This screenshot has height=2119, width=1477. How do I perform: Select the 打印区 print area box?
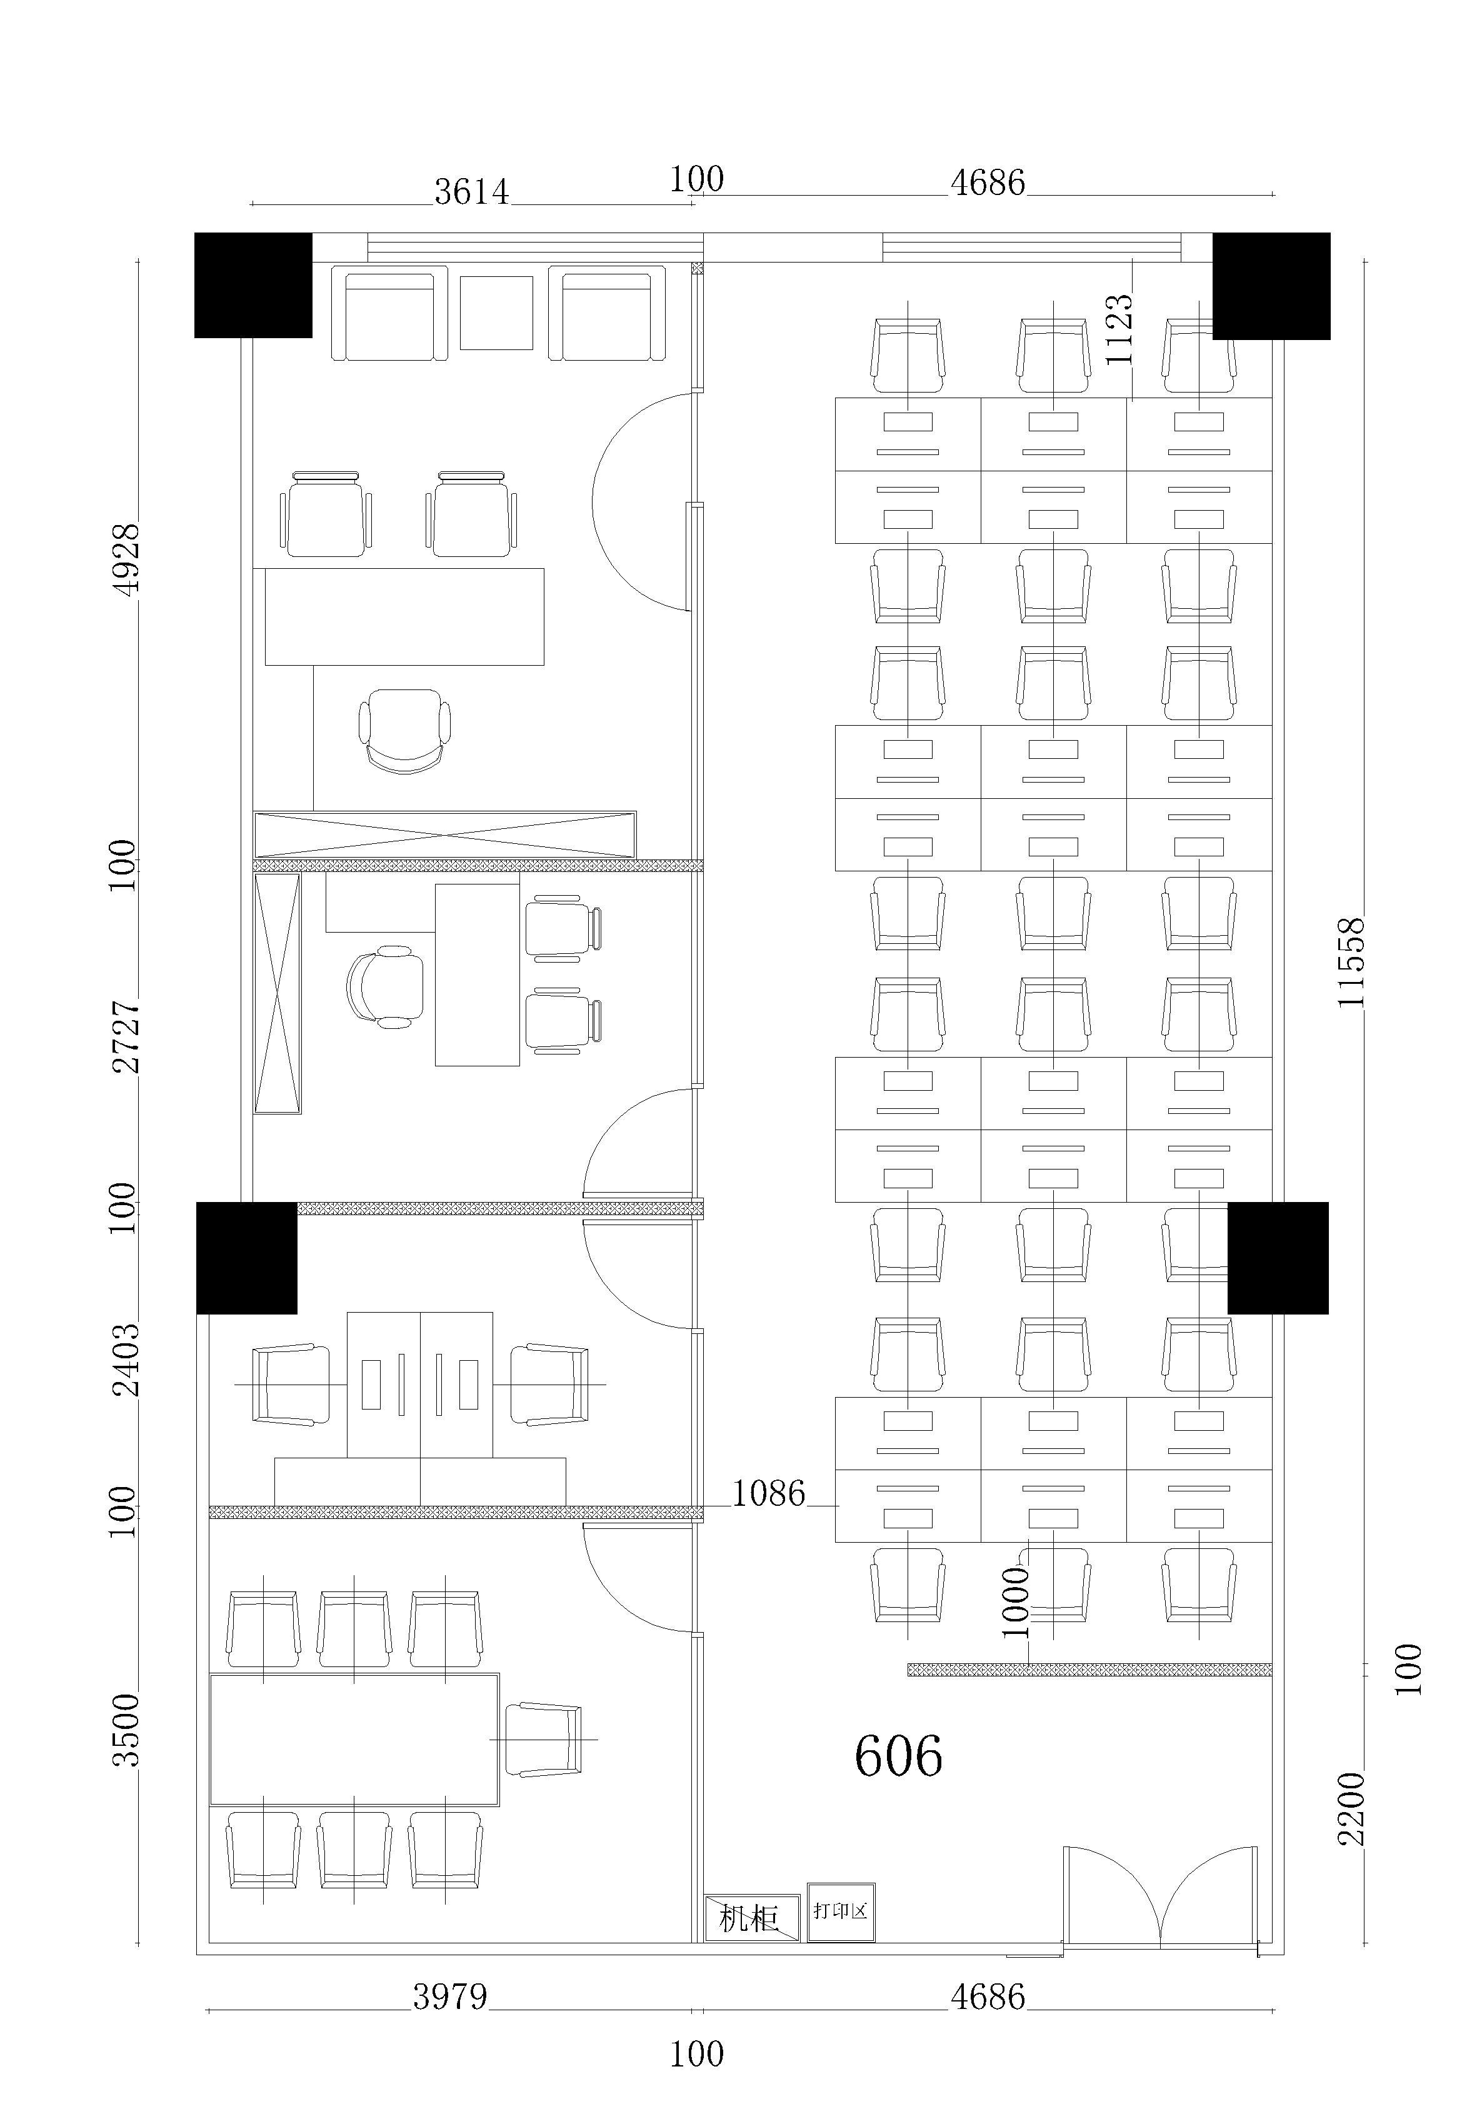(x=841, y=1911)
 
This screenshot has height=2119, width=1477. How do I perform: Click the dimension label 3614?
(x=472, y=191)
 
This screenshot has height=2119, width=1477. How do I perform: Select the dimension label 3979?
(x=449, y=1997)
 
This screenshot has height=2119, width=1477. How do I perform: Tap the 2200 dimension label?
(x=1351, y=1809)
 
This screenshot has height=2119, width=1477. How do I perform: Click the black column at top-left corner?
(x=253, y=285)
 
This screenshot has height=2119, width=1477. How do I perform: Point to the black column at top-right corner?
(x=1271, y=286)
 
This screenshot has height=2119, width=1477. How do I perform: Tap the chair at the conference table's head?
(x=544, y=1740)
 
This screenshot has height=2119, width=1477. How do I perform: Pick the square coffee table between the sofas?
(x=497, y=313)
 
